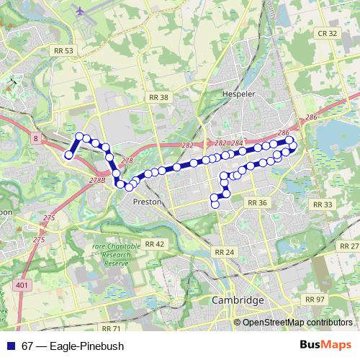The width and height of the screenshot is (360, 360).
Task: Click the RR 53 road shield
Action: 63,51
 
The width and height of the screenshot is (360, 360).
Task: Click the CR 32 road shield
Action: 328,33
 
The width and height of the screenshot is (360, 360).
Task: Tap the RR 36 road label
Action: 257,204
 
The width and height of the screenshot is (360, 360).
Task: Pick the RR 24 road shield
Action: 225,252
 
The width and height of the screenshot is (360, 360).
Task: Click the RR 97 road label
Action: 315,299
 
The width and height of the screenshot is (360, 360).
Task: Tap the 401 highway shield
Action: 22,286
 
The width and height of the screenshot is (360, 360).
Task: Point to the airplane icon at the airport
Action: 79,12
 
